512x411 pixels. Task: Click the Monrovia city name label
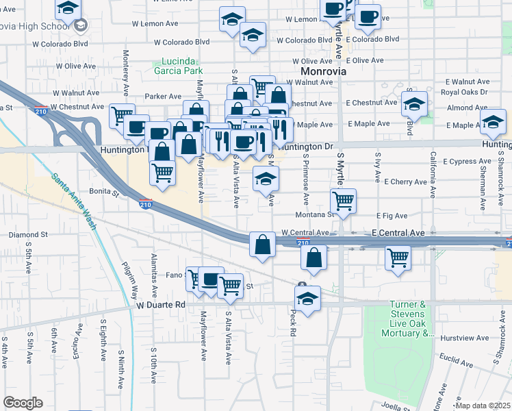click(x=323, y=71)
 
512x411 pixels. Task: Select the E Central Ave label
click(x=398, y=234)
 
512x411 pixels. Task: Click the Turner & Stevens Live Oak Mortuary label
click(x=412, y=319)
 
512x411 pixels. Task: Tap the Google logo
click(x=23, y=403)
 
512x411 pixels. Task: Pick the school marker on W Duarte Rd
click(x=308, y=299)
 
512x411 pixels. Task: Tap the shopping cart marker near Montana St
click(x=343, y=201)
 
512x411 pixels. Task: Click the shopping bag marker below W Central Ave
click(x=263, y=243)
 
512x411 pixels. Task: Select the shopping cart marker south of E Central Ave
click(x=398, y=258)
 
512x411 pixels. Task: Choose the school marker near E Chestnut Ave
click(x=413, y=103)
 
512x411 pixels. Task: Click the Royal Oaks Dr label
click(x=464, y=92)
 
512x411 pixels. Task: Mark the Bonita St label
click(x=104, y=192)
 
